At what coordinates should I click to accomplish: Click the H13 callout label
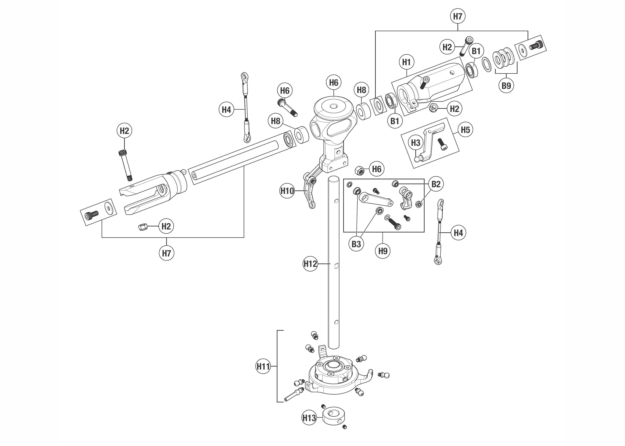click(x=309, y=418)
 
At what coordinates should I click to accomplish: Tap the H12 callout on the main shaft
click(x=310, y=264)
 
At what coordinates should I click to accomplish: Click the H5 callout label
click(x=465, y=130)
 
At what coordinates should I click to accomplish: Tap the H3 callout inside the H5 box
click(x=415, y=143)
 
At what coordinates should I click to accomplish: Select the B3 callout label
click(x=356, y=244)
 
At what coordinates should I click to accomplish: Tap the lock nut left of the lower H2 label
click(x=143, y=227)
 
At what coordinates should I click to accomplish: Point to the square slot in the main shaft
click(x=336, y=266)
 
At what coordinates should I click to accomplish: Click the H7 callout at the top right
click(x=458, y=16)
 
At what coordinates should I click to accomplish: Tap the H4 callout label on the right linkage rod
click(x=458, y=233)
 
